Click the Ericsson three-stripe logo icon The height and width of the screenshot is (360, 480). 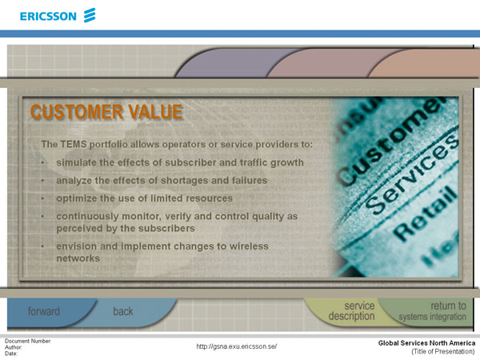tap(90, 15)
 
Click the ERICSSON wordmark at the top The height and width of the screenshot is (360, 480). tap(48, 16)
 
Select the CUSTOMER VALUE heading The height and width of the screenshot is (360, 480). tap(106, 111)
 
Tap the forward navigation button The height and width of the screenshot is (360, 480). tap(44, 311)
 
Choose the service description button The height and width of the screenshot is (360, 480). tap(351, 310)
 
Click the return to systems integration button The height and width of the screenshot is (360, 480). tap(432, 310)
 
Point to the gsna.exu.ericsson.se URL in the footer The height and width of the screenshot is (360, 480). tap(236, 346)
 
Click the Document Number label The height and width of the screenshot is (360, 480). tap(28, 341)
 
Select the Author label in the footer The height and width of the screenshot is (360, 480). tap(13, 347)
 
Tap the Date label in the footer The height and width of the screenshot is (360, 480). tap(11, 354)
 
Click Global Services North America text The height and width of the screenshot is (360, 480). tap(426, 343)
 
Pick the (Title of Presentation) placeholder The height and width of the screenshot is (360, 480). tap(443, 351)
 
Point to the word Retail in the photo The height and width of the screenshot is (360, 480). tap(426, 212)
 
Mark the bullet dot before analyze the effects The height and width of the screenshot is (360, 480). tap(43, 181)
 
